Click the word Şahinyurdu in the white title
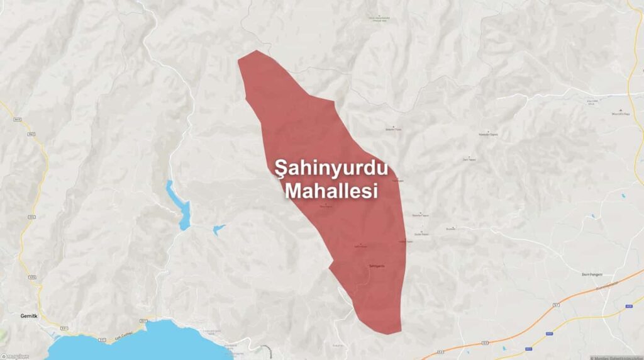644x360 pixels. pyautogui.click(x=331, y=169)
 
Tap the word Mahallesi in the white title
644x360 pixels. pyautogui.click(x=331, y=191)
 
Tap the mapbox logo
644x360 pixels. pyautogui.click(x=15, y=356)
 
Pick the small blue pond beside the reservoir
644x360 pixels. pyautogui.click(x=219, y=229)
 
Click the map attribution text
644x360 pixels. pyautogui.click(x=616, y=357)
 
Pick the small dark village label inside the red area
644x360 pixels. pyautogui.click(x=376, y=267)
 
